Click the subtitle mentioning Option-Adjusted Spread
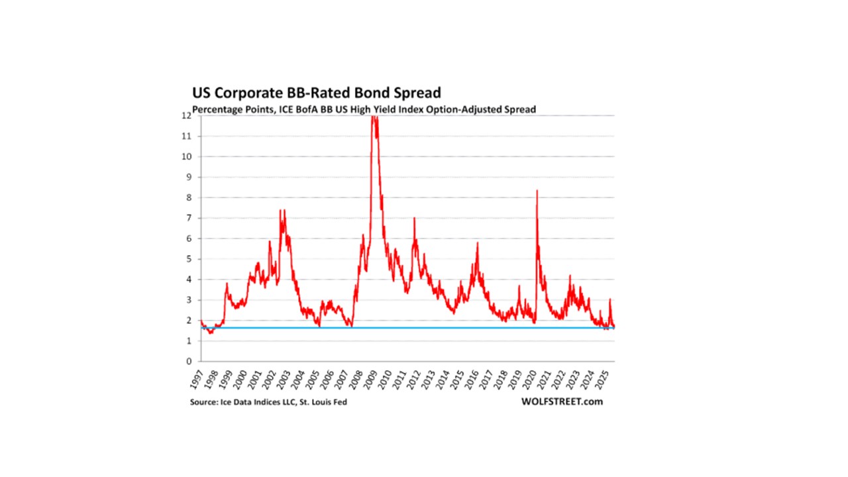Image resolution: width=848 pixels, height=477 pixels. point(364,109)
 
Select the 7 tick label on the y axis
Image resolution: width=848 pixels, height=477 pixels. point(189,218)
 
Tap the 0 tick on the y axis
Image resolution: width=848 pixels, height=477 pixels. point(189,362)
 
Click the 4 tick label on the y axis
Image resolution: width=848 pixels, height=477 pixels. point(189,280)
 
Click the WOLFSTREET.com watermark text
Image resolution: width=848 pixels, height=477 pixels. point(562,402)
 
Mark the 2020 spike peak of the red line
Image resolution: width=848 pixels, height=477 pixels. point(537,191)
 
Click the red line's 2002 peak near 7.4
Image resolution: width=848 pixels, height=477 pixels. point(282,210)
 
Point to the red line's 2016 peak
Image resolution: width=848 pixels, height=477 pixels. point(477,243)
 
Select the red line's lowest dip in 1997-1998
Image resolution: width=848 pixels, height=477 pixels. point(211,333)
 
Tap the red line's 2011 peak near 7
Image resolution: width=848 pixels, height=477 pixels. point(414,218)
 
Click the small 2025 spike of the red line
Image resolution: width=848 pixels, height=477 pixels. point(609,299)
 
